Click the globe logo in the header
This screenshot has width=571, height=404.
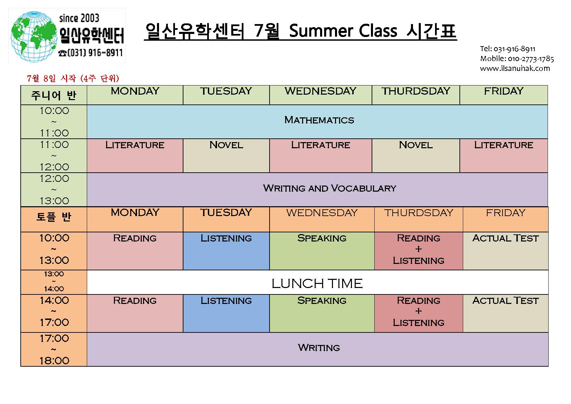34,37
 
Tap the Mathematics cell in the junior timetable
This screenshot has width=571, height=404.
317,122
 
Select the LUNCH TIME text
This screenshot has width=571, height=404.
317,284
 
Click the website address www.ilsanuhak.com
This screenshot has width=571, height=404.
515,69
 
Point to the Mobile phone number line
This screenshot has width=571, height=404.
517,59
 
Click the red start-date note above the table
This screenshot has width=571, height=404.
73,78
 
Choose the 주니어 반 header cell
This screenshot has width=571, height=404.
54,95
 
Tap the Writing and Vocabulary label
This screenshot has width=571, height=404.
329,188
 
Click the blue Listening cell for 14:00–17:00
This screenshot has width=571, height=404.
226,313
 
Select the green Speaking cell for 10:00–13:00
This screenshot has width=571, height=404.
322,251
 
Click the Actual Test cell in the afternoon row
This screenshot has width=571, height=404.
506,313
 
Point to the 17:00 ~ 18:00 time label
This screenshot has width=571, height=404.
54,349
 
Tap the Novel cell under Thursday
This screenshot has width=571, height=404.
416,156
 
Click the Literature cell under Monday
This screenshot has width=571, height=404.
135,156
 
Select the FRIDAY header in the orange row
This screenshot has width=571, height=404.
506,213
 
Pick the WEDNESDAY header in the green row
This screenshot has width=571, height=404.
320,91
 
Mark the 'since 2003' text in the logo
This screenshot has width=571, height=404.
79,18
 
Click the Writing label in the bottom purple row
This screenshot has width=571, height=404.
319,348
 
